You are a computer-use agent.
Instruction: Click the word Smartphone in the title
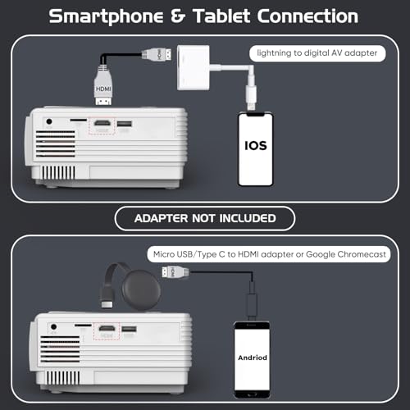[106, 17]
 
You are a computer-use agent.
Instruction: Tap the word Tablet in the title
[221, 16]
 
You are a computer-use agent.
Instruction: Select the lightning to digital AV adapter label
[317, 53]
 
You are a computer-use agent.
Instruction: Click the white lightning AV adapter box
[194, 67]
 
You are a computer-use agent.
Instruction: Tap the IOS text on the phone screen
[256, 146]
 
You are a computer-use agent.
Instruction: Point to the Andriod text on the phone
[253, 358]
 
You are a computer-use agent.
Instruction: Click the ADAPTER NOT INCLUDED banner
[205, 218]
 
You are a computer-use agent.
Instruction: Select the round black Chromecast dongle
[141, 289]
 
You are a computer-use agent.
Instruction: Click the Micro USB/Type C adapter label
[269, 254]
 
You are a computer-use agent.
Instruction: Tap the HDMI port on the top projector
[102, 123]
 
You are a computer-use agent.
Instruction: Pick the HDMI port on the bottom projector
[107, 328]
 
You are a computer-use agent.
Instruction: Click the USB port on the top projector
[125, 124]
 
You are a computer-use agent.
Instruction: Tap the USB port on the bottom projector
[129, 329]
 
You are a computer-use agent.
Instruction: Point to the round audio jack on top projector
[49, 121]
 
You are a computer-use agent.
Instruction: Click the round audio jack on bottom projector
[54, 326]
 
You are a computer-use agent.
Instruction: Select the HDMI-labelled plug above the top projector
[103, 87]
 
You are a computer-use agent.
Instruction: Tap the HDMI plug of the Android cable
[175, 272]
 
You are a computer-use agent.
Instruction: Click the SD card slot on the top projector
[79, 120]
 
